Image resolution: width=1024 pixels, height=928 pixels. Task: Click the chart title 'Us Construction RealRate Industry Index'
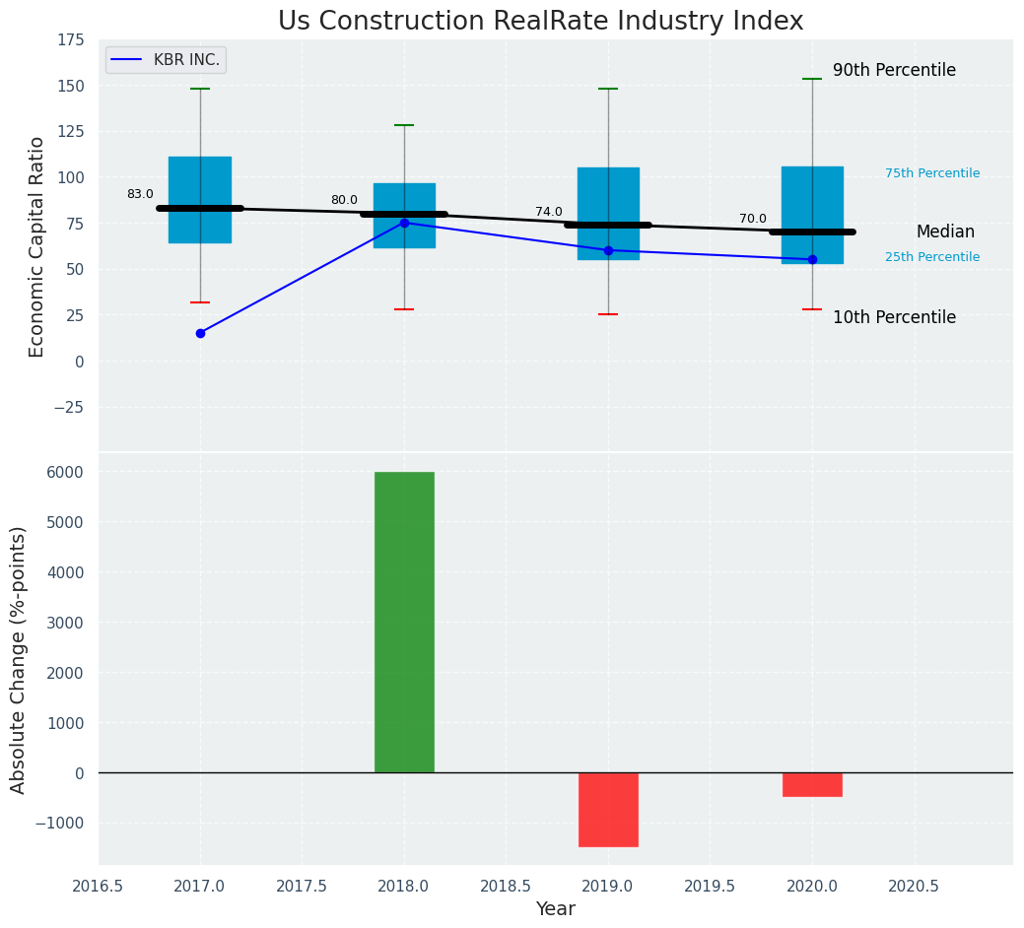(540, 22)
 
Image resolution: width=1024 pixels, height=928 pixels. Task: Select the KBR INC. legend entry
(167, 60)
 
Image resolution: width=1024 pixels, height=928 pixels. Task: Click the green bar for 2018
(404, 622)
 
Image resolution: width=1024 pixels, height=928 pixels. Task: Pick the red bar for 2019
(608, 809)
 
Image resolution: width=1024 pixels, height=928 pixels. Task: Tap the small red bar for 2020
(812, 784)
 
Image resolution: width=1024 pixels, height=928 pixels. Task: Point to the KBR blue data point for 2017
(200, 333)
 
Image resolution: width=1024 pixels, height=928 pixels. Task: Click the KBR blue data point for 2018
(404, 223)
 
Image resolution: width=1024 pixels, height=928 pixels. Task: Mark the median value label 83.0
(140, 195)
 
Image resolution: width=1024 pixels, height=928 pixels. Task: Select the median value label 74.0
(549, 212)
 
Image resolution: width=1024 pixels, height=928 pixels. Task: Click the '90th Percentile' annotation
(894, 71)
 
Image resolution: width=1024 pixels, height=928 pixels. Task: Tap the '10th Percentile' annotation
(894, 317)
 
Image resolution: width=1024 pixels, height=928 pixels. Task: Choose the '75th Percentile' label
(932, 173)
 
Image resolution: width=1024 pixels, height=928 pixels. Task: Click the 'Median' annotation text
(945, 232)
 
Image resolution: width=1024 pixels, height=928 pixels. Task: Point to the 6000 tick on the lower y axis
(65, 472)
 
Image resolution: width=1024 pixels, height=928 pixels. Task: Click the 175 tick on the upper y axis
(70, 40)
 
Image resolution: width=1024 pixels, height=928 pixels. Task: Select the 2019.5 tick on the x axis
(710, 886)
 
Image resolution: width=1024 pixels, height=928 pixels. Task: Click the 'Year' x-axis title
(556, 909)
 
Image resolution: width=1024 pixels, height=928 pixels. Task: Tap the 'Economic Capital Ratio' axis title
(37, 246)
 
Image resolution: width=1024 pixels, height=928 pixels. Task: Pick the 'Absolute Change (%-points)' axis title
(19, 659)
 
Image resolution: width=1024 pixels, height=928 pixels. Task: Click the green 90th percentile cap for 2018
(404, 125)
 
